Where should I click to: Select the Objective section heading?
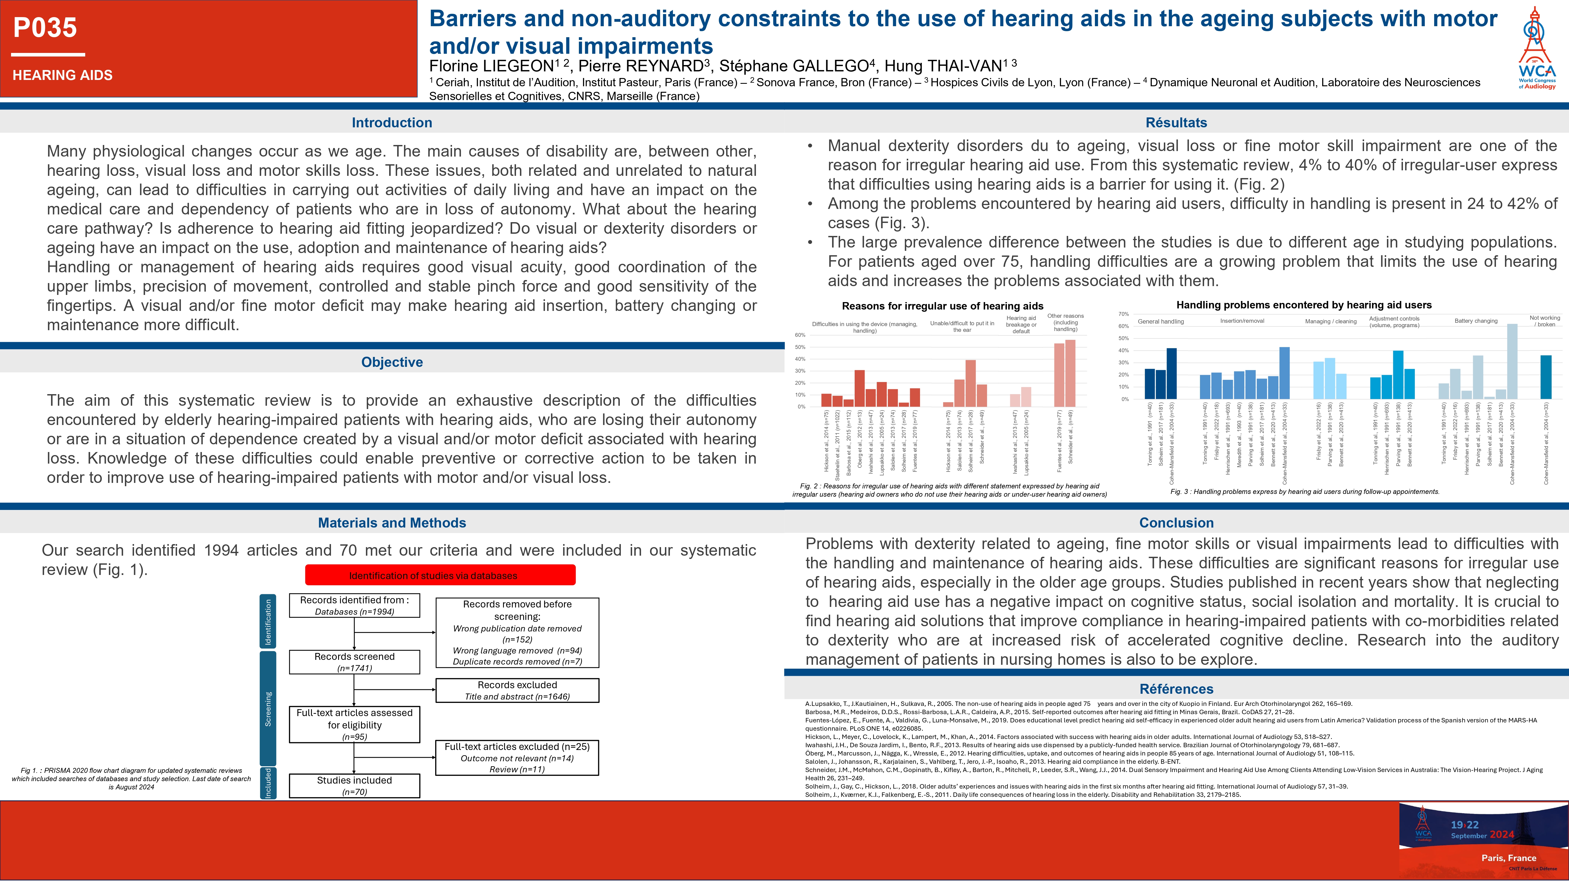[x=392, y=362]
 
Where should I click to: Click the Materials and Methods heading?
[x=392, y=523]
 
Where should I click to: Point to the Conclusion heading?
[x=1176, y=523]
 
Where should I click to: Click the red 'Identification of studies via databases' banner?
[x=440, y=575]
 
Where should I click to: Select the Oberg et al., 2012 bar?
[x=859, y=388]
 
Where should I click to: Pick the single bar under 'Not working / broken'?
[x=1546, y=377]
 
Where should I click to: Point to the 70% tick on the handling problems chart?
[x=1124, y=314]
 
